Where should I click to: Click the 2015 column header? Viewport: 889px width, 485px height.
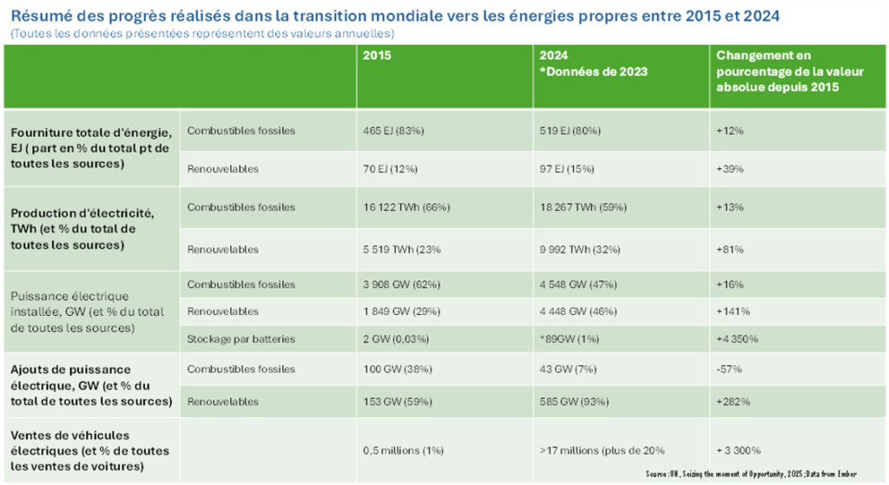click(376, 55)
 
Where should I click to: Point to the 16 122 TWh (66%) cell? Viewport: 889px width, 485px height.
click(407, 207)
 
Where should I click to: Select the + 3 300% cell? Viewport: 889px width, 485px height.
click(739, 450)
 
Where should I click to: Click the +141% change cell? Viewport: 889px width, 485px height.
click(733, 311)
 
